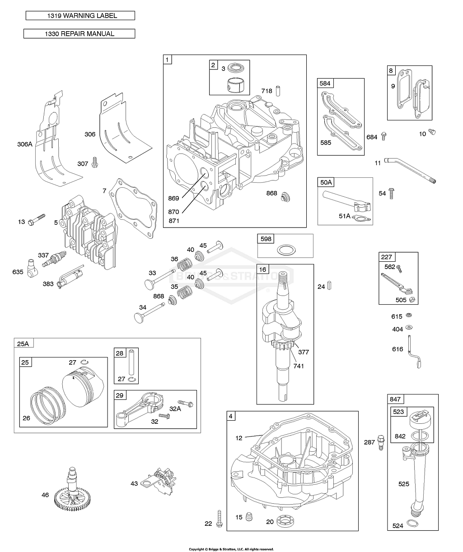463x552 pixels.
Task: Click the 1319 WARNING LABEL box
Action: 80,16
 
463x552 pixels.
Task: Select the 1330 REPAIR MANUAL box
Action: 79,34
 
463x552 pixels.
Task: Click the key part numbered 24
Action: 332,285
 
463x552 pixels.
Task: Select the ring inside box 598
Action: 285,250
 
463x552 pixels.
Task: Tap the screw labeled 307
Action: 95,162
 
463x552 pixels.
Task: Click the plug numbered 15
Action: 248,517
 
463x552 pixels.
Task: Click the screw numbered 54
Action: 392,194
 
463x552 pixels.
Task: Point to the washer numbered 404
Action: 410,327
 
